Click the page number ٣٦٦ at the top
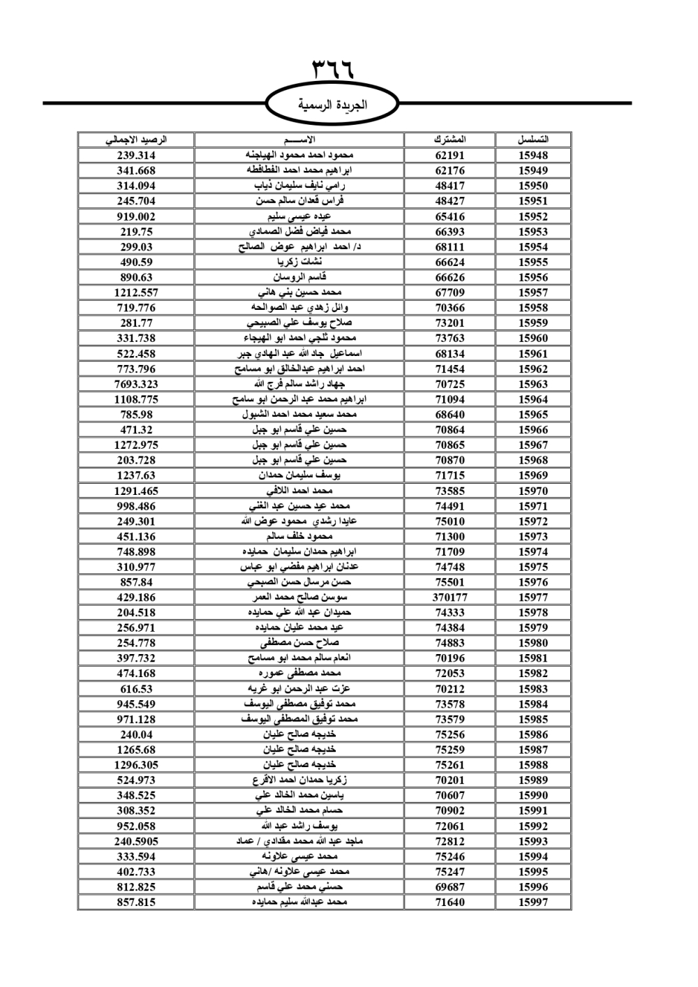click(x=333, y=70)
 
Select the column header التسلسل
click(x=533, y=140)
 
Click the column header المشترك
click(x=450, y=140)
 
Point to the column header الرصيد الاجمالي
click(x=136, y=140)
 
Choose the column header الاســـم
click(x=299, y=140)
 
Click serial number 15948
click(x=533, y=156)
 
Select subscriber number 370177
click(x=450, y=598)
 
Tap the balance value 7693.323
click(x=136, y=384)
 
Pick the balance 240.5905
click(x=136, y=842)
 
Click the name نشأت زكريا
click(x=299, y=262)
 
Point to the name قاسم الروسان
click(x=299, y=277)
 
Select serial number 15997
click(x=533, y=903)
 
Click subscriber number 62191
click(x=450, y=156)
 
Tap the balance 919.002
click(x=136, y=216)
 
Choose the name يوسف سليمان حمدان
click(x=299, y=475)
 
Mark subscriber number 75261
click(x=450, y=765)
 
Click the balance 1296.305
click(x=136, y=765)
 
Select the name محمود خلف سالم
click(x=299, y=537)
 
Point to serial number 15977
click(x=533, y=598)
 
